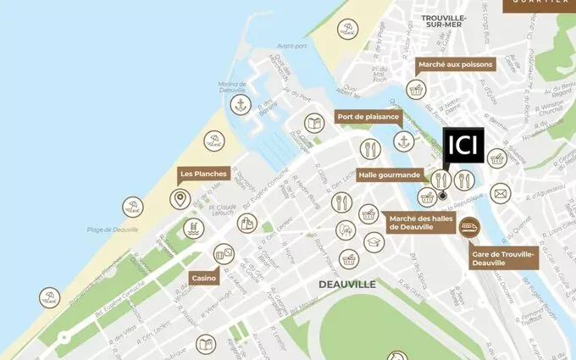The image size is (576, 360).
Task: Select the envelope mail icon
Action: click(501, 194)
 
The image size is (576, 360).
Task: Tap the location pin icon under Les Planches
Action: click(180, 200)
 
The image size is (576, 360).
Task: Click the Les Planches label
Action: click(203, 174)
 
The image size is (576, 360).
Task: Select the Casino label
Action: click(204, 278)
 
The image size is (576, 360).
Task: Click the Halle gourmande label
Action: click(389, 174)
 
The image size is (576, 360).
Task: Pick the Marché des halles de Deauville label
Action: click(416, 223)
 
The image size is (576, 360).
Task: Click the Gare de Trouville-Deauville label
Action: click(504, 258)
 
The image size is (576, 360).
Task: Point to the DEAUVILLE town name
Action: click(347, 285)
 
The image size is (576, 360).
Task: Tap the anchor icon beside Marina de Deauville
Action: click(241, 104)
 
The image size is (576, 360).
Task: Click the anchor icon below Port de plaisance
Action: click(404, 141)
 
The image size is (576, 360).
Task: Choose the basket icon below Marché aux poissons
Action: click(415, 88)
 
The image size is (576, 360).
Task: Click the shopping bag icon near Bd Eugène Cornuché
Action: click(246, 224)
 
